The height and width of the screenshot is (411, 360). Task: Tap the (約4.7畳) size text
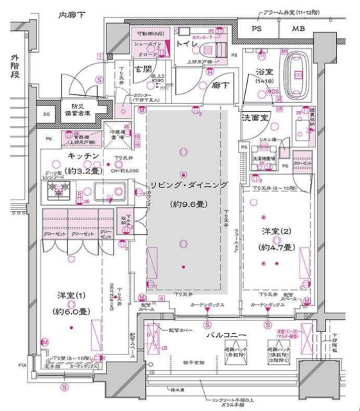point(276,247)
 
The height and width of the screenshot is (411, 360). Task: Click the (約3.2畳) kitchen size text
point(74,171)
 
